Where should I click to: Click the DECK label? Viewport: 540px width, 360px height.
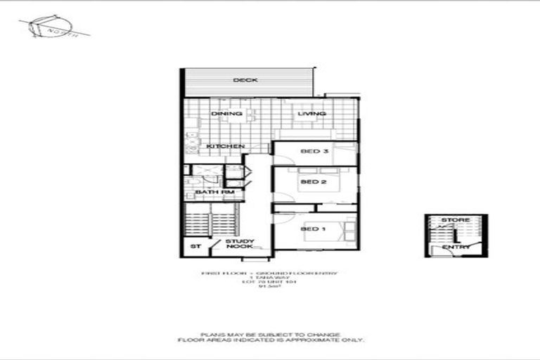[245, 80]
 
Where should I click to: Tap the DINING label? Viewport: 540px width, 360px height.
[226, 113]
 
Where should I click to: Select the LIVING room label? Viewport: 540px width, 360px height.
[311, 113]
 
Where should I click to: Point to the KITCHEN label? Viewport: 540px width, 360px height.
[226, 146]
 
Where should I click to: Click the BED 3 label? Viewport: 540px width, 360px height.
[314, 151]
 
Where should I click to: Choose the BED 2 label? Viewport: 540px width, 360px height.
[314, 182]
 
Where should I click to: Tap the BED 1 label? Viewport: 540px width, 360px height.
[314, 229]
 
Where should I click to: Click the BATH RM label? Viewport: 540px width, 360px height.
[214, 192]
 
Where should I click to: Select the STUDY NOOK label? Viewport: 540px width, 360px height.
[240, 244]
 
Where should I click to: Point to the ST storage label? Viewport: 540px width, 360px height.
[196, 246]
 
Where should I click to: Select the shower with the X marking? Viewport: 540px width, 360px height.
[206, 170]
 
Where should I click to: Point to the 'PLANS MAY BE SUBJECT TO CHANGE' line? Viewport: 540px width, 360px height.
[270, 334]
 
